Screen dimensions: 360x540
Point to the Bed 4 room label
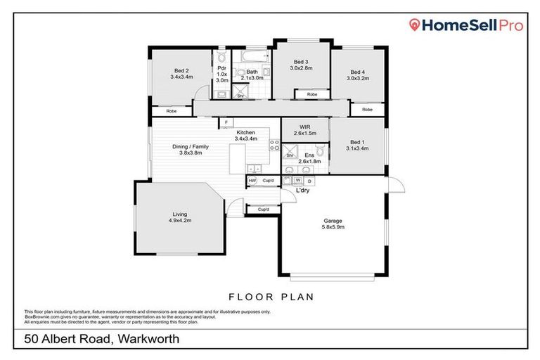coord(357,75)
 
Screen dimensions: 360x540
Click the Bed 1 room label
coord(357,146)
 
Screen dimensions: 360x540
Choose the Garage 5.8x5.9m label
coord(333,224)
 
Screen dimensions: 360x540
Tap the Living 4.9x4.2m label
coord(179,218)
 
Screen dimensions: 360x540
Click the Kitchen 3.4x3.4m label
coord(246,136)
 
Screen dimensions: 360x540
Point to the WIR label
coord(304,129)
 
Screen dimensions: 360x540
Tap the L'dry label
coord(302,191)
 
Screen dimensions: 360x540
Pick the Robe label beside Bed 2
coord(171,111)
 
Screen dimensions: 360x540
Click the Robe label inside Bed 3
coord(311,94)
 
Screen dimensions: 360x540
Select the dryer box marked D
coord(309,181)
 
